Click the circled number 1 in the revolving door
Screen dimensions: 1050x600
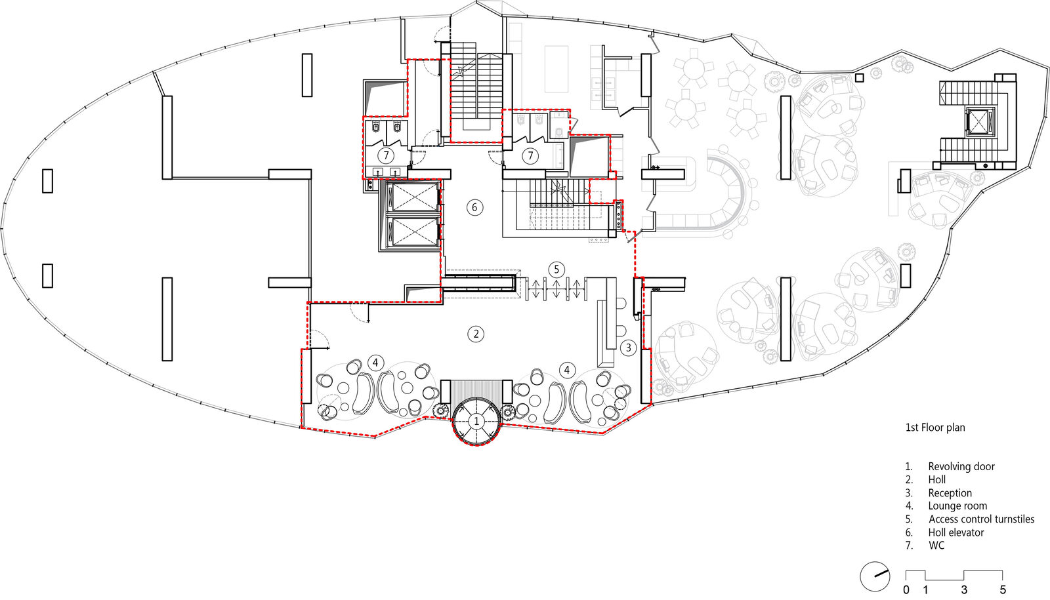(x=476, y=421)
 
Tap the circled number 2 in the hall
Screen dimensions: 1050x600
(x=476, y=334)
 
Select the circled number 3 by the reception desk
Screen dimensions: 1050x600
(x=628, y=348)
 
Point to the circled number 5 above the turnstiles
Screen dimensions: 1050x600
(x=556, y=270)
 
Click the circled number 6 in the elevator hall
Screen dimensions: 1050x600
(x=474, y=207)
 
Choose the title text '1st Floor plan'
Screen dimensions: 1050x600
(x=934, y=428)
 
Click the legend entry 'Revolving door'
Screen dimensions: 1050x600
(x=961, y=466)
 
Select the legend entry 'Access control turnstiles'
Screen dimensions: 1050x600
(x=981, y=519)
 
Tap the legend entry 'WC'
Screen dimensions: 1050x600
(x=936, y=546)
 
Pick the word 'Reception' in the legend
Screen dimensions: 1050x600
(x=950, y=492)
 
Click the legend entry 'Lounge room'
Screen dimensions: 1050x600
(x=957, y=506)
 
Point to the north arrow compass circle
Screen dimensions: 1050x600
(x=875, y=576)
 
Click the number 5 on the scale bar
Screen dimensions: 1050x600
(x=1003, y=590)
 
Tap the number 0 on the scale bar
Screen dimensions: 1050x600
(x=906, y=590)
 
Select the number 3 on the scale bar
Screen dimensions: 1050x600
(x=964, y=590)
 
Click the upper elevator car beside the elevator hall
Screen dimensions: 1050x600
(x=413, y=197)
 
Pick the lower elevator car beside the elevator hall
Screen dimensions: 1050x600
(x=413, y=231)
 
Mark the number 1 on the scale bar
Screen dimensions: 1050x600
(x=925, y=590)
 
